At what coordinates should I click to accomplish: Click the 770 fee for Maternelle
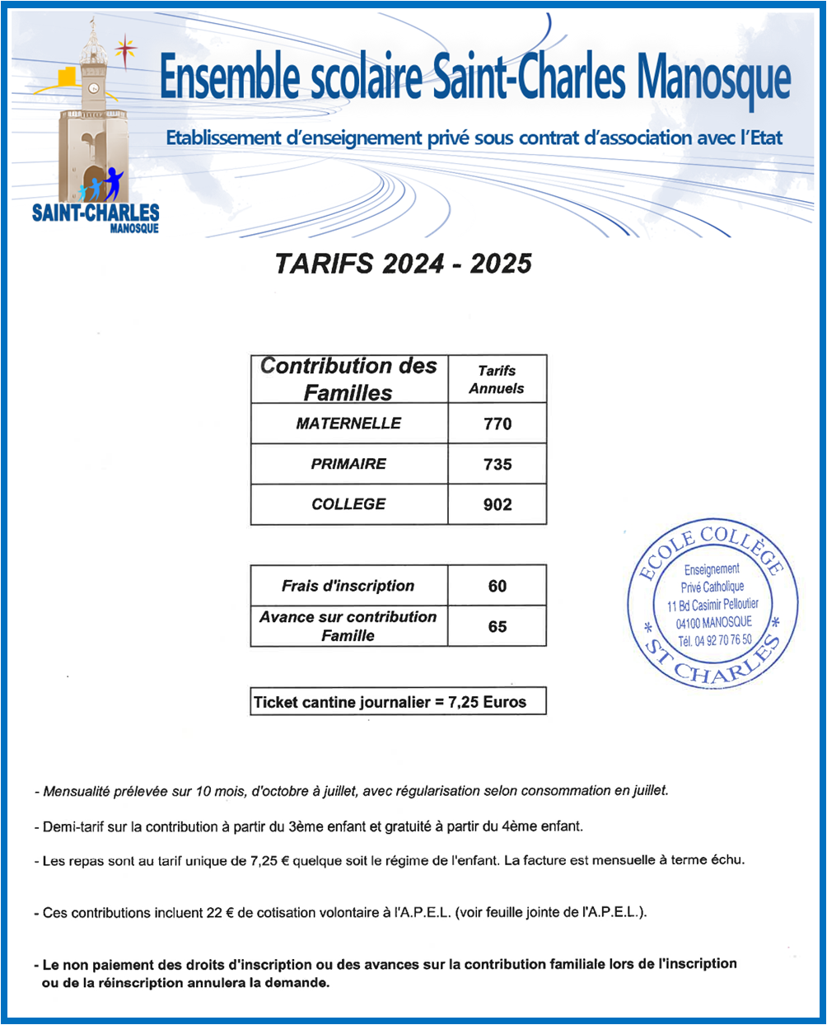coord(498,424)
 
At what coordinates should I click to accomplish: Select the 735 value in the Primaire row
coord(498,464)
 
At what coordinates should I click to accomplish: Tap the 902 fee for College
coord(498,504)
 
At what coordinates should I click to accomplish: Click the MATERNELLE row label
coord(348,424)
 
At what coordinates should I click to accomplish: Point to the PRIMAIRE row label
coord(348,464)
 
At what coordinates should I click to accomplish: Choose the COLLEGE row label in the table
coord(348,504)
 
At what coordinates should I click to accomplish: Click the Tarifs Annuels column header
coord(497,379)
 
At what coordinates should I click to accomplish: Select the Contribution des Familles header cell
coord(348,379)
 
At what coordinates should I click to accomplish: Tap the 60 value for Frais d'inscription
coord(498,586)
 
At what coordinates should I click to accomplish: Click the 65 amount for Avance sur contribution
coord(498,626)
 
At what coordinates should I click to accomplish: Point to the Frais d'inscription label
coord(348,586)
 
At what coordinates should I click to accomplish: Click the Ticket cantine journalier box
coord(398,702)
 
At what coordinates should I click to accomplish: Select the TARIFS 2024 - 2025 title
coord(403,264)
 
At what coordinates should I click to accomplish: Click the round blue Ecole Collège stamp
coord(713,605)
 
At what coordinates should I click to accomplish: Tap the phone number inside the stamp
coord(714,640)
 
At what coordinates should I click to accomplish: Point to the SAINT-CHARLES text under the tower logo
coord(95,213)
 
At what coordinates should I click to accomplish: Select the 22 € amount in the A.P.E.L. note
coord(218,913)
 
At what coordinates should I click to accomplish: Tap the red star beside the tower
coord(125,49)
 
